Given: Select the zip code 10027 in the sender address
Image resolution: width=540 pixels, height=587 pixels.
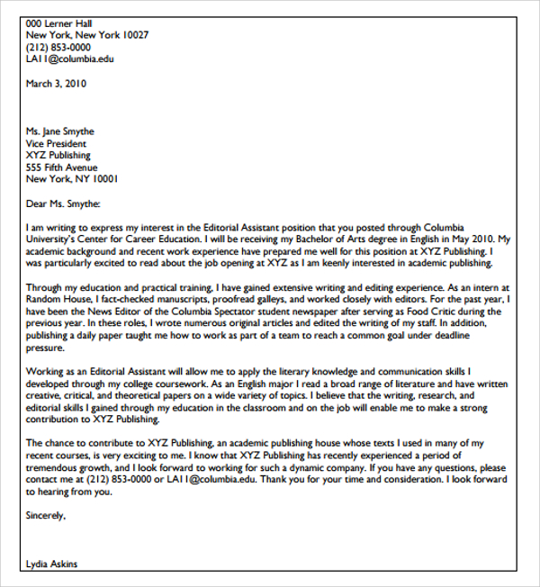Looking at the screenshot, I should coord(133,35).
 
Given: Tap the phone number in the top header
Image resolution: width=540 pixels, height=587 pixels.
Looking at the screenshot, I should coord(58,47).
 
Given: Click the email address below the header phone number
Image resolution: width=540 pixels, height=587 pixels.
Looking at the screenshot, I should coord(70,59).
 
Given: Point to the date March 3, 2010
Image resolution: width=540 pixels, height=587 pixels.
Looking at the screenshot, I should coord(56,83).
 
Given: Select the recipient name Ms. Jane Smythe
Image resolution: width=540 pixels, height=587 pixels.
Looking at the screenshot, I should coord(60,131).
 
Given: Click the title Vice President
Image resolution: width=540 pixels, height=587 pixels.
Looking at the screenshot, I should coord(57,143).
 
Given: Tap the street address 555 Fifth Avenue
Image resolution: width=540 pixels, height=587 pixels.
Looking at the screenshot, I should coord(61,167).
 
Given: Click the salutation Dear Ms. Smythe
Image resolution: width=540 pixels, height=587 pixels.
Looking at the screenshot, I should coord(63,203).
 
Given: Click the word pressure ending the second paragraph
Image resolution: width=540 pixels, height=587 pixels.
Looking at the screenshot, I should coord(46,346).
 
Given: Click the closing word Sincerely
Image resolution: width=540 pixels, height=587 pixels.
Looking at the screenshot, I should coord(47,516).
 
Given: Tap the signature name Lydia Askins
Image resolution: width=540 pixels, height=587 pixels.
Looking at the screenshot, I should coord(52,564).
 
